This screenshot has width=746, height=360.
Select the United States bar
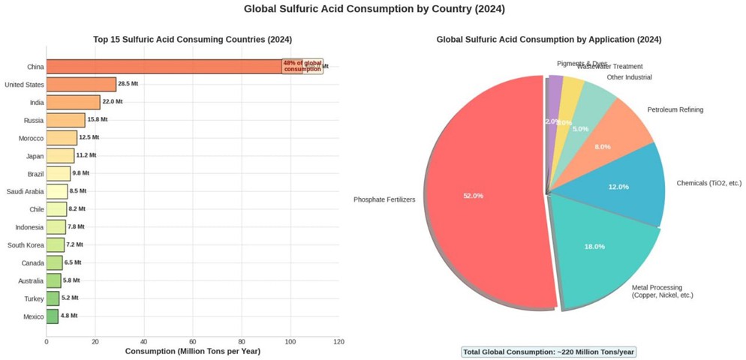[81, 84]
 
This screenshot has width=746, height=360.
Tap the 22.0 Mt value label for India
[113, 102]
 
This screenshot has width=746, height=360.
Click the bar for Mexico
[53, 316]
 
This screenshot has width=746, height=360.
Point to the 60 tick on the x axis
[193, 341]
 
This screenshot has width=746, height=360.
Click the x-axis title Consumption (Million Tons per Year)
[192, 351]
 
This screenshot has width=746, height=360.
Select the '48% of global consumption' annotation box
[302, 66]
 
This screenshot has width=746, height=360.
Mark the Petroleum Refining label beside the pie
[675, 110]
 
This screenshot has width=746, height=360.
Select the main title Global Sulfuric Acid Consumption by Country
[374, 10]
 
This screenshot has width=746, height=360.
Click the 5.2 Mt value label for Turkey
[71, 298]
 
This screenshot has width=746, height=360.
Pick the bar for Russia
[66, 120]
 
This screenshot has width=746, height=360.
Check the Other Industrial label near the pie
[629, 77]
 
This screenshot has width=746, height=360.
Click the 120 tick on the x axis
[338, 341]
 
